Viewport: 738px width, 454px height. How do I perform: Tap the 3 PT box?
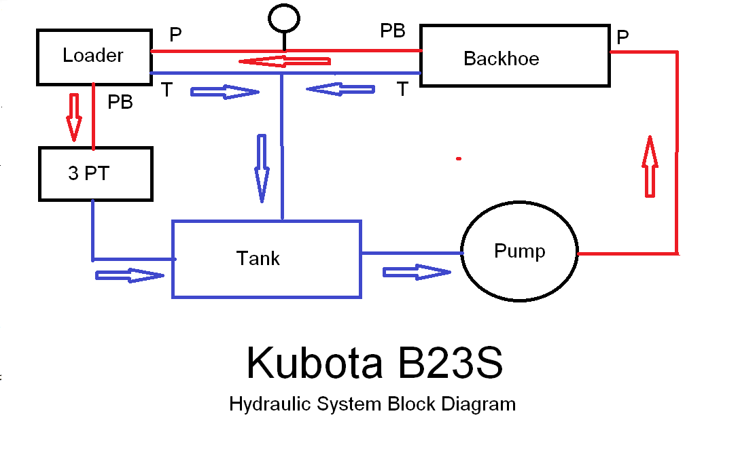pyautogui.click(x=95, y=174)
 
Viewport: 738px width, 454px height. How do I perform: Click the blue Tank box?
pyautogui.click(x=266, y=259)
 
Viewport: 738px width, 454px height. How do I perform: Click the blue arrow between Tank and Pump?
pyautogui.click(x=417, y=272)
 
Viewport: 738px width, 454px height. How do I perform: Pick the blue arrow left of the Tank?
pyautogui.click(x=130, y=275)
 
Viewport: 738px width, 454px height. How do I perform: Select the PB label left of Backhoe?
pyautogui.click(x=393, y=31)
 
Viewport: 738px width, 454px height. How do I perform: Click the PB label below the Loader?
pyautogui.click(x=120, y=103)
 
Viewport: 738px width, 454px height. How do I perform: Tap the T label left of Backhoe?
pyautogui.click(x=403, y=89)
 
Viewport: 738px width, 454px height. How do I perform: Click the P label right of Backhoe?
pyautogui.click(x=622, y=38)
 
